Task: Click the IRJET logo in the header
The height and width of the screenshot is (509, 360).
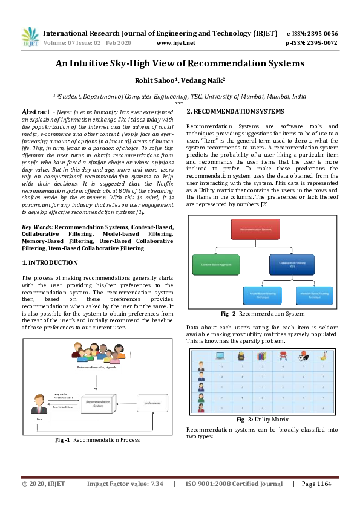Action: [30, 37]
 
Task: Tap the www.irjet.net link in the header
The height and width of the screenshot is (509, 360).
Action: [175, 43]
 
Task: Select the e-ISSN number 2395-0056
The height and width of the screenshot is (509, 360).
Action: [321, 34]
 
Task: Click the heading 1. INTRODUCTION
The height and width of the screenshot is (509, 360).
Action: [50, 262]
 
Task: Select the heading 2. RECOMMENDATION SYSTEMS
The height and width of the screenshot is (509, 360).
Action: [235, 112]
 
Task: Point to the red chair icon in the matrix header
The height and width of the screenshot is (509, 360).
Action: [282, 356]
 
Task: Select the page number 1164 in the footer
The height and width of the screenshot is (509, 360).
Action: [324, 484]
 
